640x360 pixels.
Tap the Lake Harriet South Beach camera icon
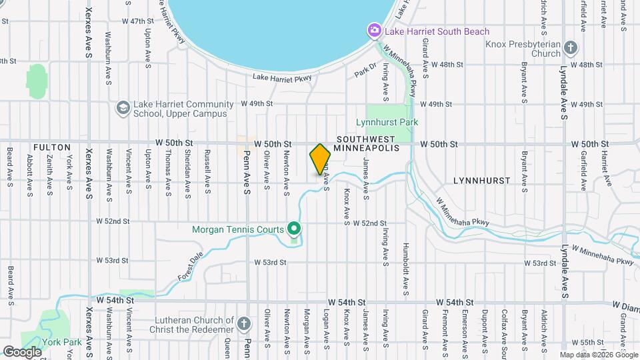pyautogui.click(x=375, y=31)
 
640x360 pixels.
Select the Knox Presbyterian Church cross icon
pyautogui.click(x=570, y=47)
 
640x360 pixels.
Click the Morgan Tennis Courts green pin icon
pyautogui.click(x=294, y=229)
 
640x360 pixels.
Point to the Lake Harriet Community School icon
pyautogui.click(x=123, y=108)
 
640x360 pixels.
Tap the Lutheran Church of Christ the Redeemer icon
pyautogui.click(x=245, y=324)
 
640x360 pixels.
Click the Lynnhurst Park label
pyautogui.click(x=387, y=123)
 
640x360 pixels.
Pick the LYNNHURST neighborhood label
pyautogui.click(x=481, y=181)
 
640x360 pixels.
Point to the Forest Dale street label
pyautogui.click(x=191, y=267)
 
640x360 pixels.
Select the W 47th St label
pyautogui.click(x=138, y=21)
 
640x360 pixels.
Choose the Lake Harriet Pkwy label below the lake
pyautogui.click(x=282, y=79)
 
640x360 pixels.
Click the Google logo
pyautogui.click(x=22, y=351)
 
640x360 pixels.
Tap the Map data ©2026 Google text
pyautogui.click(x=598, y=355)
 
